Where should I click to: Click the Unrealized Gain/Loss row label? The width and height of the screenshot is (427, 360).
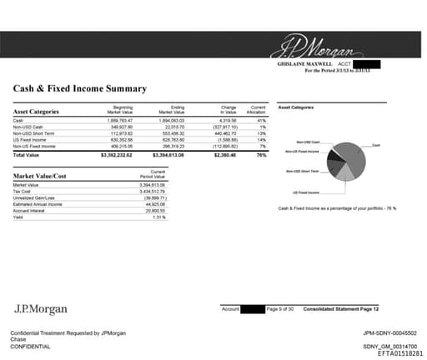pos(33,197)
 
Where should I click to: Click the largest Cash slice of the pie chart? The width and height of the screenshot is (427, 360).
pos(355,155)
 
